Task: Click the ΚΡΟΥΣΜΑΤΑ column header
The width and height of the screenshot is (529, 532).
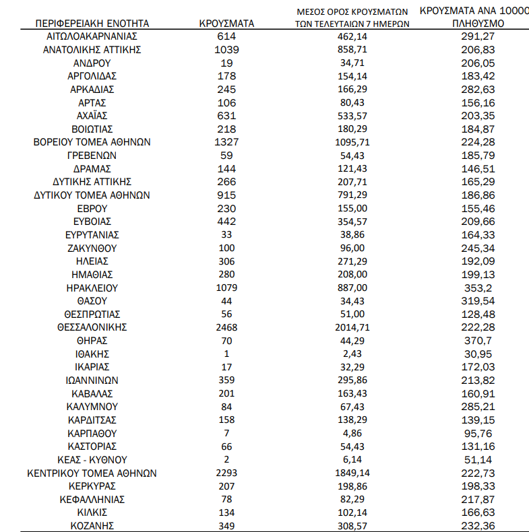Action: (226, 23)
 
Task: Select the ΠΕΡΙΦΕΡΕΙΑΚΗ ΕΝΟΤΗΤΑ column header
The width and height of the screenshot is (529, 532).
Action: (92, 23)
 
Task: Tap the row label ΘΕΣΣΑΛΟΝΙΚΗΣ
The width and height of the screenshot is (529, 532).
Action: (92, 327)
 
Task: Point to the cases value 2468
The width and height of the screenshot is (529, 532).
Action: (226, 327)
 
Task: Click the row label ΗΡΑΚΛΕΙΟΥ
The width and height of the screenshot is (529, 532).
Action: (92, 288)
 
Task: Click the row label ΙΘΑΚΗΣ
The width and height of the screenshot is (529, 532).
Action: (92, 354)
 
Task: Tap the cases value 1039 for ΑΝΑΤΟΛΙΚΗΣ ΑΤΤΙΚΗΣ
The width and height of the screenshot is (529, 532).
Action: (226, 50)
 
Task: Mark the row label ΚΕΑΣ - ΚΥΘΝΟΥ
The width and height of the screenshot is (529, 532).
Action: (92, 460)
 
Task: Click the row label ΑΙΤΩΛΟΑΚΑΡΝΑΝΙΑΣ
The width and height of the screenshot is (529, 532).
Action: (92, 36)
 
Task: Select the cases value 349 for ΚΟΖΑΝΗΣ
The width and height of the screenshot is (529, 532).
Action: (226, 525)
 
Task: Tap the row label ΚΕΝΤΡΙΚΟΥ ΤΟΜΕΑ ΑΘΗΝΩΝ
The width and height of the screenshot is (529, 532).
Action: (92, 473)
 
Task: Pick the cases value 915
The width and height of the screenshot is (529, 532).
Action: (226, 195)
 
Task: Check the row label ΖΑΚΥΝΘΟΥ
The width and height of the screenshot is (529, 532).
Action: (92, 248)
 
